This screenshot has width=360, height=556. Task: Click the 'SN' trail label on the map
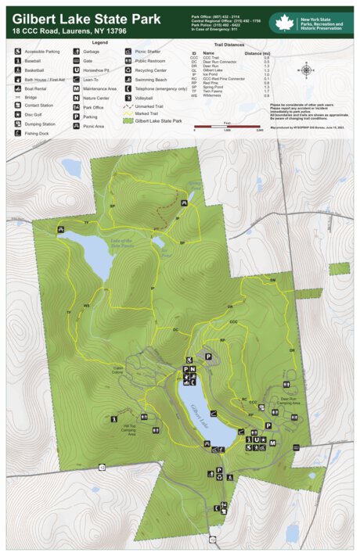272,280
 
